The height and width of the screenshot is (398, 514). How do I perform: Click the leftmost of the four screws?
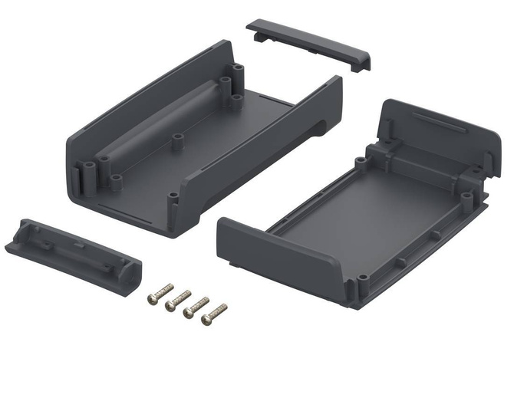click(x=160, y=292)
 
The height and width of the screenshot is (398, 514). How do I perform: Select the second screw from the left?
click(x=178, y=300)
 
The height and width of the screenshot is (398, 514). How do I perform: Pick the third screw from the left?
click(x=196, y=306)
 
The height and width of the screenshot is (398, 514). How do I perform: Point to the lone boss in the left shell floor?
click(x=177, y=140)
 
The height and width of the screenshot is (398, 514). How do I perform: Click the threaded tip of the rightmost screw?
click(x=223, y=308)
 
